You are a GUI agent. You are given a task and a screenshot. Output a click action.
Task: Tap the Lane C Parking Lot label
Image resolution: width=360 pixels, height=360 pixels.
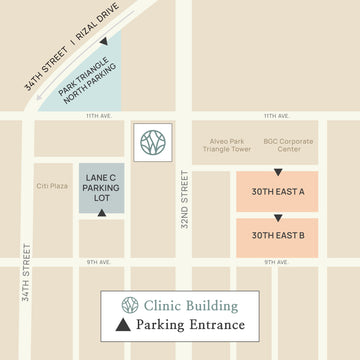(x=102, y=187)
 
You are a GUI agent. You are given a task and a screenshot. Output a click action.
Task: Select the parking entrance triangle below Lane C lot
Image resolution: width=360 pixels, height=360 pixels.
(x=102, y=212)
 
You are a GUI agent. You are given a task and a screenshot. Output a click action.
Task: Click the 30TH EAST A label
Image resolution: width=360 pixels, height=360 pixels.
(x=277, y=191)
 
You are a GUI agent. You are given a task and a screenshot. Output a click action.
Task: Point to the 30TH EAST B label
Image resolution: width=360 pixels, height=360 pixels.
(x=277, y=235)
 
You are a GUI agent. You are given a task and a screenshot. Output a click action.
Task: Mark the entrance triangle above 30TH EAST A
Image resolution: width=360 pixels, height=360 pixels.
(x=278, y=172)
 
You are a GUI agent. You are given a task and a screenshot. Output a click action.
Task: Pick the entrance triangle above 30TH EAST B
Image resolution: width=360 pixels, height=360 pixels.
(x=278, y=216)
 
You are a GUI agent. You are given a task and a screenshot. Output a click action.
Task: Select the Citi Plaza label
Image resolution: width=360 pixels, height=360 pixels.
(x=51, y=185)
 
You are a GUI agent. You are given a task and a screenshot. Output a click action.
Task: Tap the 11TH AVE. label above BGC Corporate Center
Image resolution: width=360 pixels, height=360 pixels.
(x=277, y=116)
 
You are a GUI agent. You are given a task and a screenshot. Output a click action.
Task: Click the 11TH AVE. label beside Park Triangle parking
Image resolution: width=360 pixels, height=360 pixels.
(x=98, y=116)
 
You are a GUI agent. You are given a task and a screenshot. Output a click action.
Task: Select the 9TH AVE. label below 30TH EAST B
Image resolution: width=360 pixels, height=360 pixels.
(x=277, y=262)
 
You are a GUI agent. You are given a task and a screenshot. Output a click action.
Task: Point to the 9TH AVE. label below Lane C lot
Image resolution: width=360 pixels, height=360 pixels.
(x=98, y=262)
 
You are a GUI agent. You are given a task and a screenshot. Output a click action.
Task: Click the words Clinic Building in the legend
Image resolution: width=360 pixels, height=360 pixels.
(x=191, y=305)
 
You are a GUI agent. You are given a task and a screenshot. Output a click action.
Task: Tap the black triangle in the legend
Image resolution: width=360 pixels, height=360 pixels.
(x=124, y=325)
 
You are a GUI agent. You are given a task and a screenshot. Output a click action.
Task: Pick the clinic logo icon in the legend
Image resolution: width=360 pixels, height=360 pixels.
(x=128, y=305)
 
